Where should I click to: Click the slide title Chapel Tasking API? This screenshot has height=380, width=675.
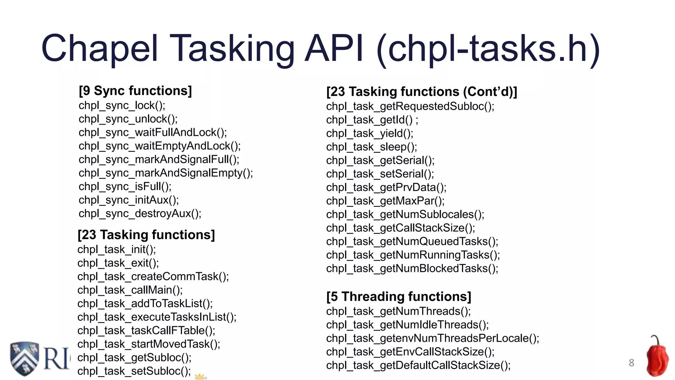(320, 49)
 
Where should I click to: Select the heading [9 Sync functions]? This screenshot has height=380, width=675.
(135, 91)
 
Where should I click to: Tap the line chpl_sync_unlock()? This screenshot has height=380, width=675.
(128, 119)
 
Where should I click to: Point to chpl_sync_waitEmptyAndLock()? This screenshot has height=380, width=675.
(160, 146)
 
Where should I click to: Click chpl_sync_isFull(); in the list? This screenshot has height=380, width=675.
(125, 187)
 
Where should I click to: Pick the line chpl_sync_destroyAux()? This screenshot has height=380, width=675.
(140, 214)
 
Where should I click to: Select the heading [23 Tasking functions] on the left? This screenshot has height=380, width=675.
(146, 235)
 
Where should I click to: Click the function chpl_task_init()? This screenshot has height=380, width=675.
(117, 250)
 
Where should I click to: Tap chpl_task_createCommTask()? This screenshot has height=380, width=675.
(153, 277)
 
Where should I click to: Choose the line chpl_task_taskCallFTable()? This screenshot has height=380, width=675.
(146, 331)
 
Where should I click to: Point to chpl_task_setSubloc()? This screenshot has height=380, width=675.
(134, 371)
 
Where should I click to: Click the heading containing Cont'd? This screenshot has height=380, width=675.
(422, 92)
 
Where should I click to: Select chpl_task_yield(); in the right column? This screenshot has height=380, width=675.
(369, 134)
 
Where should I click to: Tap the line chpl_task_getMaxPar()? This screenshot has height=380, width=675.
(385, 201)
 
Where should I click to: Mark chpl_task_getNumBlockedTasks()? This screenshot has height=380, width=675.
(412, 269)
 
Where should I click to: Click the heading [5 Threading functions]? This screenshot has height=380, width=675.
(398, 297)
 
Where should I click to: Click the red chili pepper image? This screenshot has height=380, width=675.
(657, 358)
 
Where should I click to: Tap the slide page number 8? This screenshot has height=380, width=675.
(631, 363)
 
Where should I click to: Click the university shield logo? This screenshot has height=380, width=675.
(24, 359)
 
